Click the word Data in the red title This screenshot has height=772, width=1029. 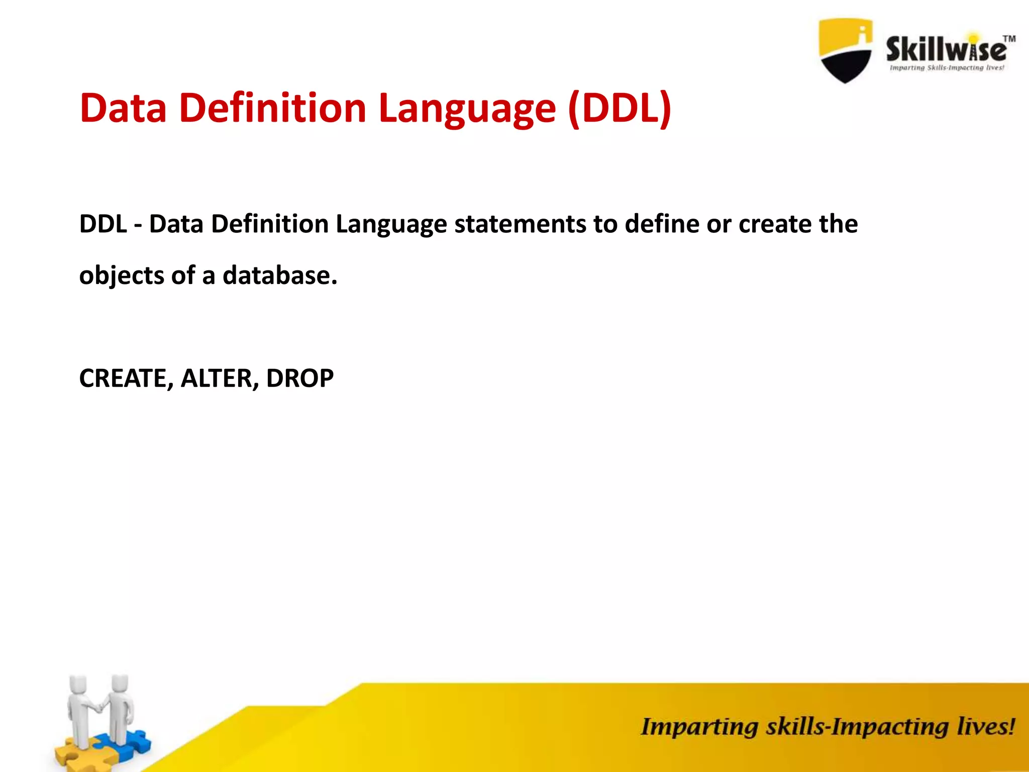pyautogui.click(x=123, y=108)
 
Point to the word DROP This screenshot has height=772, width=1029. pyautogui.click(x=299, y=378)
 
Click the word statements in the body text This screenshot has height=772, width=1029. pyautogui.click(x=520, y=224)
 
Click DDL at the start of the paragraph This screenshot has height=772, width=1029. pyautogui.click(x=103, y=224)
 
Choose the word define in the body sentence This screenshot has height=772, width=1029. pyautogui.click(x=662, y=224)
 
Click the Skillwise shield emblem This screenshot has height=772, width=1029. pyautogui.click(x=845, y=50)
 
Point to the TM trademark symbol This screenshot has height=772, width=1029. pyautogui.click(x=1009, y=39)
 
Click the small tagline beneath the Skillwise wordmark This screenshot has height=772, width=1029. pyautogui.click(x=947, y=68)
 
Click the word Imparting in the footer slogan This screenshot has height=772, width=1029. pyautogui.click(x=699, y=728)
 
